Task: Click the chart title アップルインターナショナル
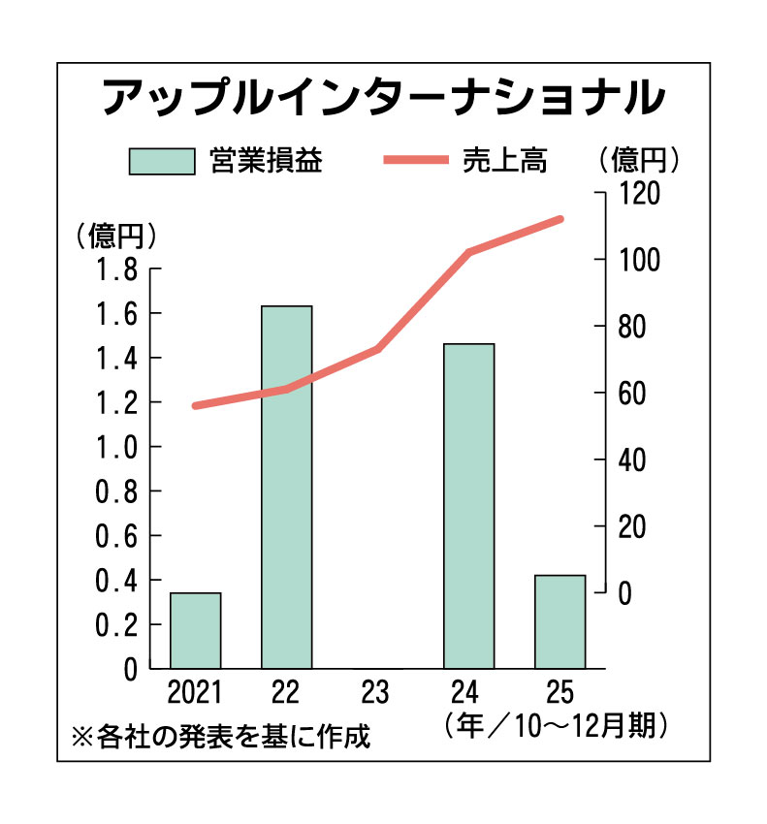point(384,98)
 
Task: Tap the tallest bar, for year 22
point(287,487)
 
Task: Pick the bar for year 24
point(469,506)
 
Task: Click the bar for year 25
point(560,621)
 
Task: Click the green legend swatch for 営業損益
point(161,161)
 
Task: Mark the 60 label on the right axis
point(631,393)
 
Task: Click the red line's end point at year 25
point(560,219)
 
